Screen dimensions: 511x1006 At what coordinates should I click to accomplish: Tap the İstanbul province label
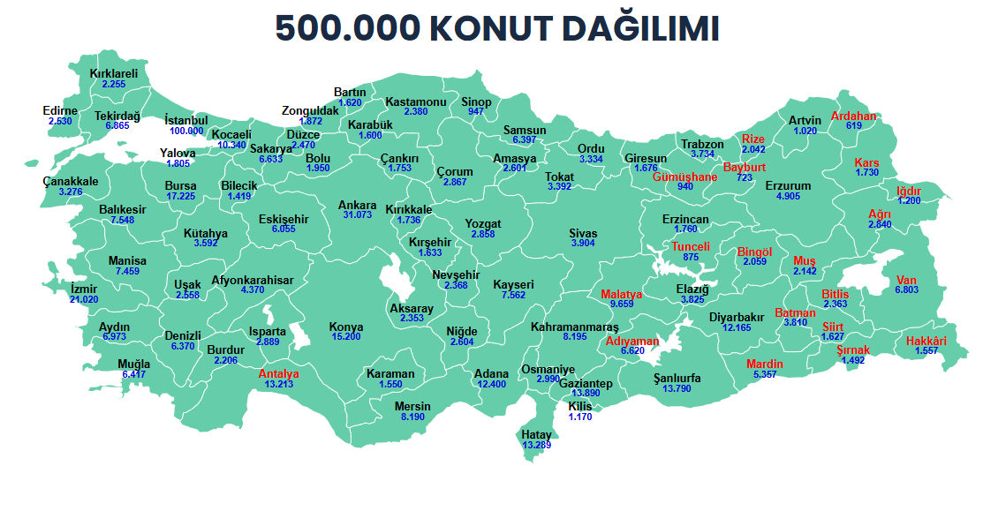[186, 120]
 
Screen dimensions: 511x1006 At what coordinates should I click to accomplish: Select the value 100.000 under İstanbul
[186, 131]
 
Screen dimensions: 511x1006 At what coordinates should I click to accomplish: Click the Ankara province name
[358, 206]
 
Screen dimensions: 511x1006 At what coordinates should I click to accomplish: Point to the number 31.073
[358, 215]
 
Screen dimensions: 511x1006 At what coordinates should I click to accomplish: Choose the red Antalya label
[279, 373]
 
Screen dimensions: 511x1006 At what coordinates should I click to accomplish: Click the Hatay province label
[536, 435]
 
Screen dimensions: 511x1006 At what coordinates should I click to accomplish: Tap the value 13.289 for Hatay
[536, 445]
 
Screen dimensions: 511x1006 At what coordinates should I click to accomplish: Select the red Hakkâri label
[927, 341]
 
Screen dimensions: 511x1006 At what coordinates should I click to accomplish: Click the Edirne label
[60, 110]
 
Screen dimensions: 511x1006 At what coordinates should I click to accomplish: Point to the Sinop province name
[477, 102]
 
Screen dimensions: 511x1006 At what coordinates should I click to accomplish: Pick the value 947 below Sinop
[477, 112]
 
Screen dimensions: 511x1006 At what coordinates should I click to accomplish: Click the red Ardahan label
[853, 116]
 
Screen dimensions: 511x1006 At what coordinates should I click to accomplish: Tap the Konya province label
[346, 327]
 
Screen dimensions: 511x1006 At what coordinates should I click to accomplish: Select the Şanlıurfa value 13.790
[677, 388]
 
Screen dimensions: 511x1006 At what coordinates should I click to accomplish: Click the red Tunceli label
[691, 246]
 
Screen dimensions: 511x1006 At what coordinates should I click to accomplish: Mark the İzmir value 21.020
[84, 299]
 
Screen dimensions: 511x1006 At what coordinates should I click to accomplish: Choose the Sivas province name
[583, 234]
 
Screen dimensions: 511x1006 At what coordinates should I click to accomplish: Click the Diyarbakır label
[737, 317]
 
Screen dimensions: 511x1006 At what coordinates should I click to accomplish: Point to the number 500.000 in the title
[347, 29]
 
